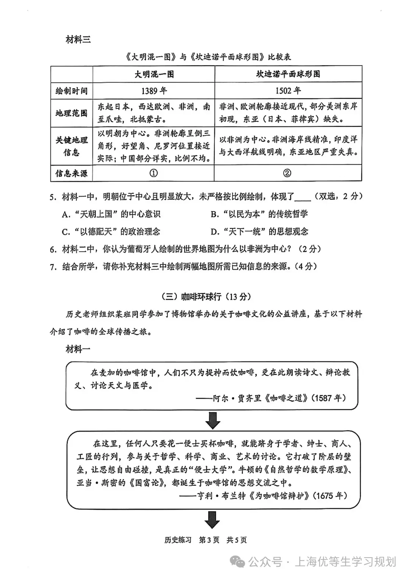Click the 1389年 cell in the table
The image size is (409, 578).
154,91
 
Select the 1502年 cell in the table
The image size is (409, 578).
288,91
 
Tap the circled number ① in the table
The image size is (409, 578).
153,173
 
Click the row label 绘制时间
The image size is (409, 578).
72,91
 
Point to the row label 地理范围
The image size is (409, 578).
72,113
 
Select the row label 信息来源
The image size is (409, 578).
72,173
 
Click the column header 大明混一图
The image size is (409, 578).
154,74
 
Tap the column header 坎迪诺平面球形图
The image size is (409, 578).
288,74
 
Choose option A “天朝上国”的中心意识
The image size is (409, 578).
111,214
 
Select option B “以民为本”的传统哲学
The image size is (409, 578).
259,214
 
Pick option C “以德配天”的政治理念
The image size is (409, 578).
111,232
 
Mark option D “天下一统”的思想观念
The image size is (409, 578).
259,232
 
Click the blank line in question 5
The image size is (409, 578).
302,198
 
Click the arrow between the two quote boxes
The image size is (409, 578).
212,421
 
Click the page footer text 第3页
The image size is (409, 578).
209,540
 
